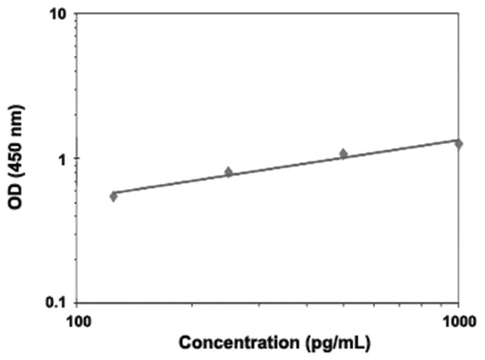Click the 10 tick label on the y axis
click(x=61, y=15)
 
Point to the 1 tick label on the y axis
click(x=65, y=158)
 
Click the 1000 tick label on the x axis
click(x=457, y=321)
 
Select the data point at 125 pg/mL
click(x=113, y=196)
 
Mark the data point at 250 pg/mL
click(x=229, y=172)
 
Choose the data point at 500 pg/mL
click(x=343, y=154)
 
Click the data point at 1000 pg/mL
click(x=459, y=143)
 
